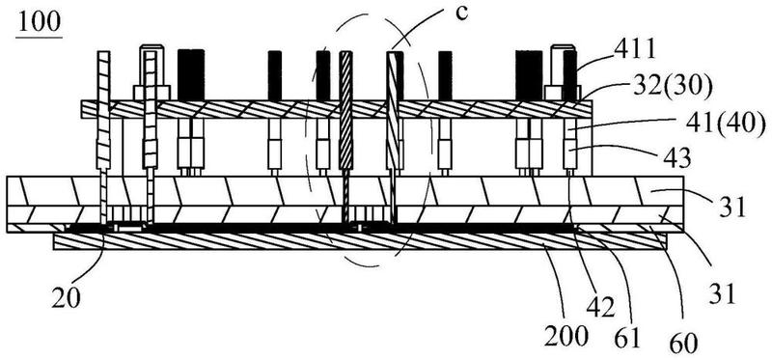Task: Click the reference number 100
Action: pyautogui.click(x=40, y=21)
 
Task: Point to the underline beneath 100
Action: pyautogui.click(x=40, y=37)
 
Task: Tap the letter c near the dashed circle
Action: pyautogui.click(x=461, y=14)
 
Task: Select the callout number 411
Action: pyautogui.click(x=635, y=50)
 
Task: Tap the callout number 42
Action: pyautogui.click(x=599, y=308)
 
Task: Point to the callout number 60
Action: pyautogui.click(x=684, y=343)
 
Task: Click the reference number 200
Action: pyautogui.click(x=565, y=338)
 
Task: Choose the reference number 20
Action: pyautogui.click(x=67, y=298)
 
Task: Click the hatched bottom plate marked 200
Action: pyautogui.click(x=360, y=241)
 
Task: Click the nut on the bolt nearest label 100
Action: pyautogui.click(x=152, y=93)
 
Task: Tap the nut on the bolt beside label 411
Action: pyautogui.click(x=563, y=93)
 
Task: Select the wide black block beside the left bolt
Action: pyautogui.click(x=191, y=75)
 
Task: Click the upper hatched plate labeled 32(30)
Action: pyautogui.click(x=336, y=109)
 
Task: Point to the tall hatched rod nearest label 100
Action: pyautogui.click(x=104, y=109)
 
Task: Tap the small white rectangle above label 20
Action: pyautogui.click(x=127, y=229)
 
